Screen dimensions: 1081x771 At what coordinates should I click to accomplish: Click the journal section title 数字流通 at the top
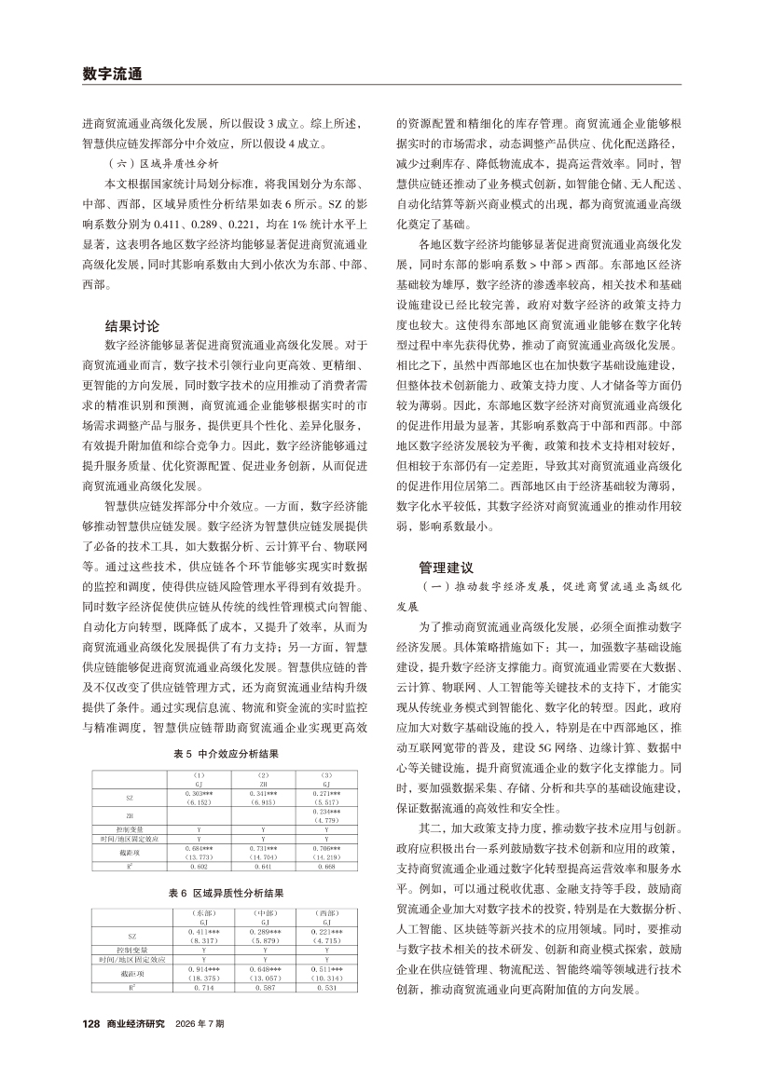pos(112,74)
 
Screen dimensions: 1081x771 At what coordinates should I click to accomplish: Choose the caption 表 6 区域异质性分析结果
pos(227,893)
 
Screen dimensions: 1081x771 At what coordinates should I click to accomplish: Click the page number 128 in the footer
pos(90,1049)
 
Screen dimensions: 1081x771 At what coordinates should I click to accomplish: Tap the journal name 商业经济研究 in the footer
pos(135,1049)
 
